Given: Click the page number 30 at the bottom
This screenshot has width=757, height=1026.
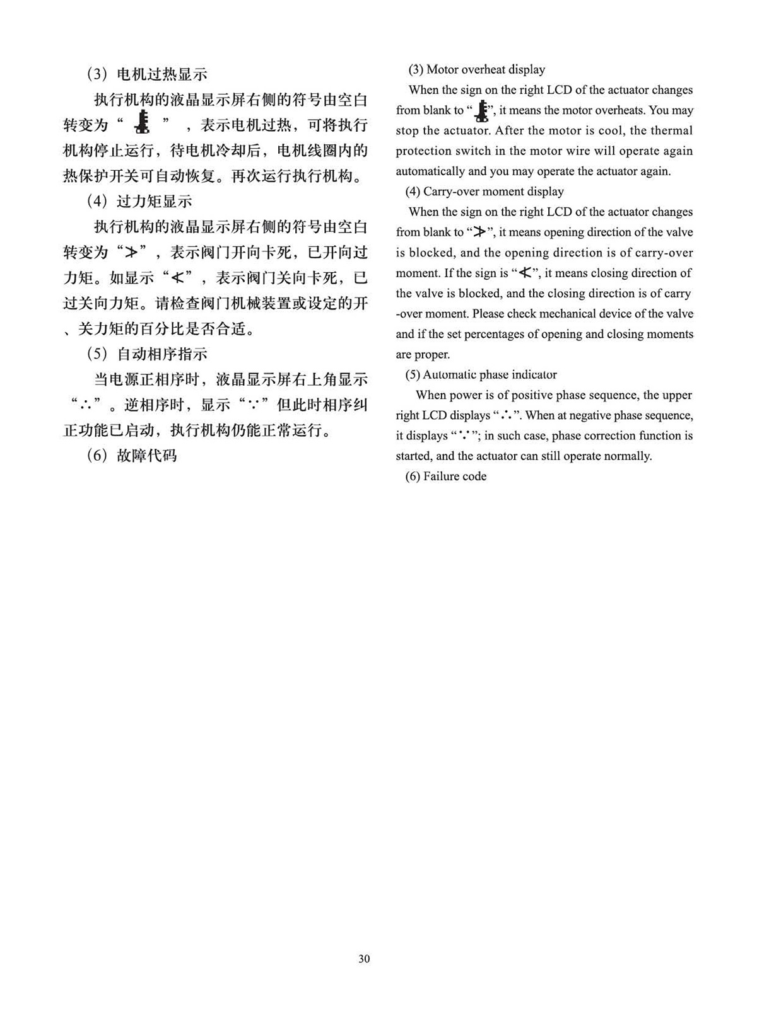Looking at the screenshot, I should coord(364,959).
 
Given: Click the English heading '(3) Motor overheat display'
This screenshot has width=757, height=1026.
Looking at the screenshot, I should coord(476,69).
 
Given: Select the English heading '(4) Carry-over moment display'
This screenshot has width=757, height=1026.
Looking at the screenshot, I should coord(484,191).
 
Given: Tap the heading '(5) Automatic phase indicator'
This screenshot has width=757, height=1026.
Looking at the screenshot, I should coord(481,374).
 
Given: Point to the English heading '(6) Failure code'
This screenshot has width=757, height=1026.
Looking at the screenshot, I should coord(446,476).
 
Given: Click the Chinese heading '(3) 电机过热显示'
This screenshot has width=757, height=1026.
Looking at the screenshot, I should coord(146,74).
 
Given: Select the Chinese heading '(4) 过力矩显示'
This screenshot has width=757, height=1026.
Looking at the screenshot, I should coord(139,202).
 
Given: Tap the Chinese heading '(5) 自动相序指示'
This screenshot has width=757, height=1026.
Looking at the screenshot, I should coord(146,354).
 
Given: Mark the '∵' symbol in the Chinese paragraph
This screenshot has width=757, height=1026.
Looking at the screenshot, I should coord(257,405).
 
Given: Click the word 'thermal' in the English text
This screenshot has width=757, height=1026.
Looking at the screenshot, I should coord(672,130).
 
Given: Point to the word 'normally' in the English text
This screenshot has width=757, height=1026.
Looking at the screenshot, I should coord(628,456).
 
